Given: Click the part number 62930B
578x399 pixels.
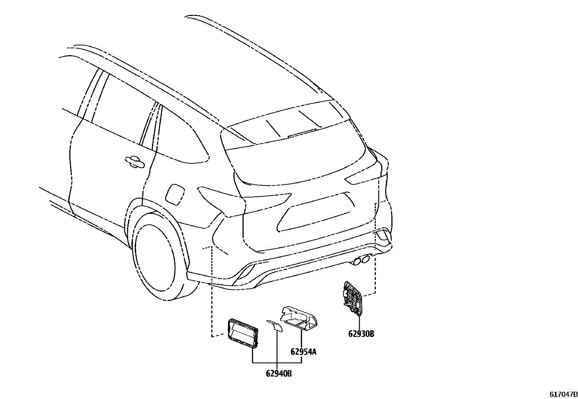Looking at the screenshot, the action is click(x=361, y=334).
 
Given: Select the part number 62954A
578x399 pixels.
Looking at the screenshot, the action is click(x=303, y=352).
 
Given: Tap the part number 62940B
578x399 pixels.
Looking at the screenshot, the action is click(x=278, y=373).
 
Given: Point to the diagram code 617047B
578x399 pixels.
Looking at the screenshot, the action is click(x=563, y=394).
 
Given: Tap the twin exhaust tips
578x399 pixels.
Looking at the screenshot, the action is click(x=361, y=260).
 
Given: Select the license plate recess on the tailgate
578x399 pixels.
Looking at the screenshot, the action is click(x=316, y=212).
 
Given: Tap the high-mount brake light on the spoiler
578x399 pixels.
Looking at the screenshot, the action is click(x=302, y=133).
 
